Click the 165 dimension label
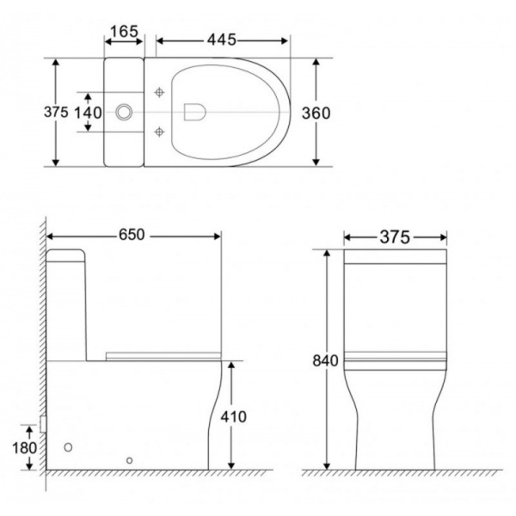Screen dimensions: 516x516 click(x=124, y=32)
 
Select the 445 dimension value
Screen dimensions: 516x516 click(x=222, y=40)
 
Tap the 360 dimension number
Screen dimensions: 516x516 click(x=316, y=114)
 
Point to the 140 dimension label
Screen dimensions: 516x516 click(x=88, y=113)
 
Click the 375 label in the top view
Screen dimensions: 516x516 click(x=56, y=112)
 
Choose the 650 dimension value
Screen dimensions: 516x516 click(x=132, y=235)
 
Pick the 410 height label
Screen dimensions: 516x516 click(x=233, y=416)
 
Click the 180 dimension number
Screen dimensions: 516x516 click(x=24, y=448)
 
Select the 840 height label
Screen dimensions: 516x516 click(x=325, y=360)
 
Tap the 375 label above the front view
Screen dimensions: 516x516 click(x=395, y=237)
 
